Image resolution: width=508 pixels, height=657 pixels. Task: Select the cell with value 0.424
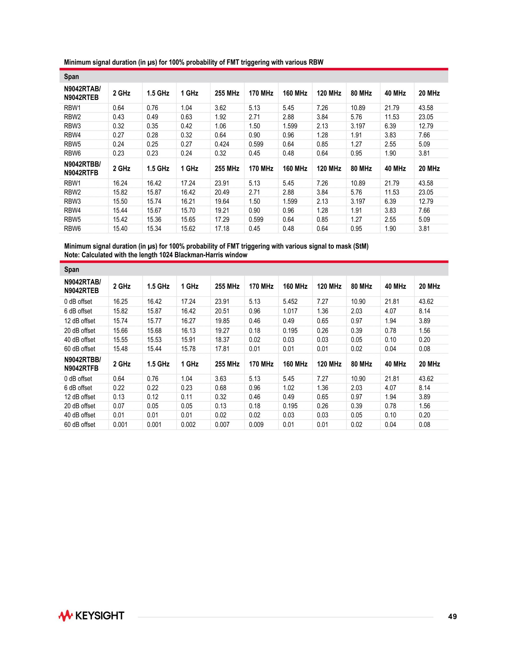pos(222,144)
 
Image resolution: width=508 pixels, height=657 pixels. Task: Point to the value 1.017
pos(290,311)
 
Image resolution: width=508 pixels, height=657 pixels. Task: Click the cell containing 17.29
pos(222,220)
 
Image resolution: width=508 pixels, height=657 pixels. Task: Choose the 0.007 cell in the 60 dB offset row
pos(222,425)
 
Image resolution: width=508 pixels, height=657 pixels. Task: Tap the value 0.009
pos(256,425)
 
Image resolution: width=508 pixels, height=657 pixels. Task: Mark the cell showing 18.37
pos(222,340)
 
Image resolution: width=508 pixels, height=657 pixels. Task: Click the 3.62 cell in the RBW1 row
pos(220,108)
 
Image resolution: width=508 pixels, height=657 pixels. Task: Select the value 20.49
pos(222,192)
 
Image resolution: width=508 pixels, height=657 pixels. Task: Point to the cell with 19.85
pos(222,321)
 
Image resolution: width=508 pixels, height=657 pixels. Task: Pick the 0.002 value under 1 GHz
pos(188,425)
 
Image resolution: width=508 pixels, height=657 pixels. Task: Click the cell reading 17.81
pos(222,349)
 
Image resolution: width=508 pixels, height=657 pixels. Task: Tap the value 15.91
pos(188,340)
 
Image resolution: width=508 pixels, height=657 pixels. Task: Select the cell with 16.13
pos(188,331)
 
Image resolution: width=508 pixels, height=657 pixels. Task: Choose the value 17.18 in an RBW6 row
pos(222,229)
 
